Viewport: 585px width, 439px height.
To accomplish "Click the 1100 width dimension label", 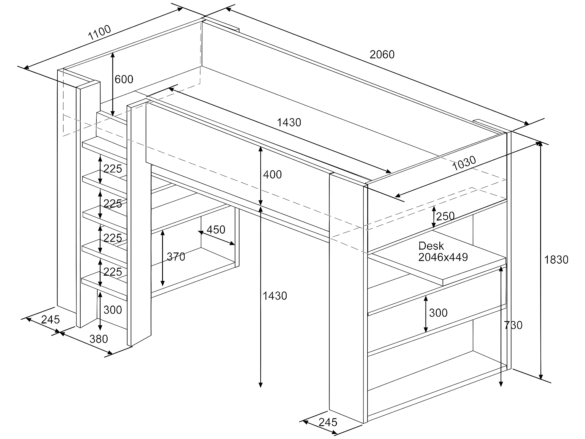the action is (x=100, y=33).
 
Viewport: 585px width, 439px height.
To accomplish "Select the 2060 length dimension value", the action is (x=382, y=55).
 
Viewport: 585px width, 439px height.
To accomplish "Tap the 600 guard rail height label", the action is (x=124, y=79).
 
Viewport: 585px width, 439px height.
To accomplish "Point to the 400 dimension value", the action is (x=272, y=174).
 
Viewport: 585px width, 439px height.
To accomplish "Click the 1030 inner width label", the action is (x=464, y=163).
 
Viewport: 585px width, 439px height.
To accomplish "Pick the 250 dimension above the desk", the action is (x=445, y=216).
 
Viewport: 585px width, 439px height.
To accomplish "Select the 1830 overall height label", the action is (x=556, y=260).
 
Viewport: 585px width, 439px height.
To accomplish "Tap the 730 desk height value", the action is (x=513, y=325).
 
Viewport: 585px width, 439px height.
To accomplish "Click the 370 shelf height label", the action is (x=176, y=257).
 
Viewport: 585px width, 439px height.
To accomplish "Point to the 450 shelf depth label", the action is (x=216, y=230).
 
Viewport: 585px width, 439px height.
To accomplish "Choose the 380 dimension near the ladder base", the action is (x=99, y=339).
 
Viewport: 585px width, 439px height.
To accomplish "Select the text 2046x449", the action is (x=443, y=257).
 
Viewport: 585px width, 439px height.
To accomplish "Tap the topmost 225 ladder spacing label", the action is (x=113, y=169).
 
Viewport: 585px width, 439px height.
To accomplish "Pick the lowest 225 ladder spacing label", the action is (x=113, y=272).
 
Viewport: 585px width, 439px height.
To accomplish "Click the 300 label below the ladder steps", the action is (x=113, y=310).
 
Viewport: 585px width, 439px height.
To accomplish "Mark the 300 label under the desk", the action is (x=438, y=313).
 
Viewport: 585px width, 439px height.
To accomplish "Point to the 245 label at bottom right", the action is (x=328, y=422).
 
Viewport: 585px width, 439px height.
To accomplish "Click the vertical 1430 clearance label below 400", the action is (x=275, y=296).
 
